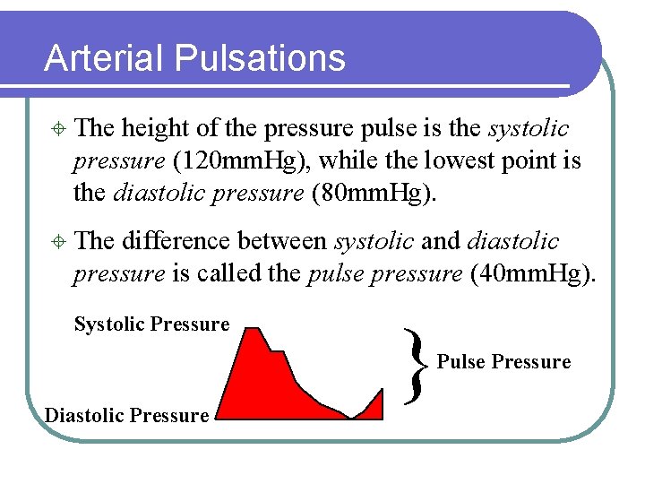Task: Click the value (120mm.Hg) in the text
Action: pyautogui.click(x=242, y=161)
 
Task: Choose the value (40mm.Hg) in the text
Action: pyautogui.click(x=531, y=273)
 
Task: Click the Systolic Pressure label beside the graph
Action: pyautogui.click(x=151, y=324)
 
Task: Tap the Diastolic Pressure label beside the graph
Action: pyautogui.click(x=126, y=415)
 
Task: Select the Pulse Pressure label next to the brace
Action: pyautogui.click(x=503, y=362)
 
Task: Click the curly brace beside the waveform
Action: pyautogui.click(x=413, y=362)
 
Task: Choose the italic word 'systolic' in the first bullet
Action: pyautogui.click(x=529, y=129)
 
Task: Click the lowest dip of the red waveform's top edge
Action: pyautogui.click(x=350, y=418)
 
